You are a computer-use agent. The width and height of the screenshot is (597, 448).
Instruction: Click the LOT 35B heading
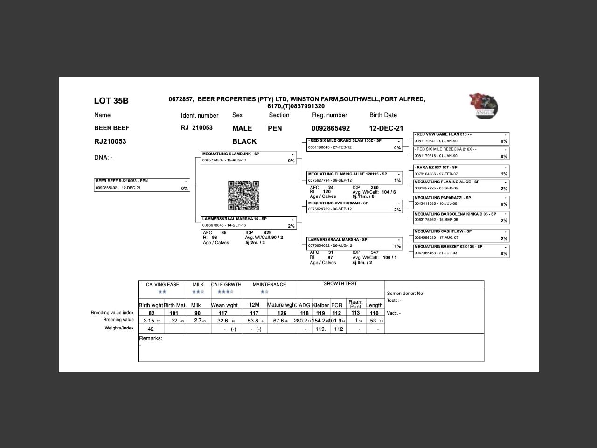[111, 101]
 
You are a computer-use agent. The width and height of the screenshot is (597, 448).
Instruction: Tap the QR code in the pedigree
[243, 196]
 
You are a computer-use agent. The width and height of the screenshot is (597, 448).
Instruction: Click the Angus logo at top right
[484, 105]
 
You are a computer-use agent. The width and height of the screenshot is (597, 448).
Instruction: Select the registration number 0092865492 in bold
[330, 128]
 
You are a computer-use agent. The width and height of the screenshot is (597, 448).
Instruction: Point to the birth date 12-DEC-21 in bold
[386, 128]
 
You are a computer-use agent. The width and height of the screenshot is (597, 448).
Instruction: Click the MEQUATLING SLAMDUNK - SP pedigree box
[249, 157]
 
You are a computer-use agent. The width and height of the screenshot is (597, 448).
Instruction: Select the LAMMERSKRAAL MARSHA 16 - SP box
[249, 222]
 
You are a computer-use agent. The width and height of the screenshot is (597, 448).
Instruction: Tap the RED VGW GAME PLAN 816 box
[461, 138]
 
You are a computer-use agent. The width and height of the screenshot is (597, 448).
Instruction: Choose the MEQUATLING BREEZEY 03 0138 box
[461, 250]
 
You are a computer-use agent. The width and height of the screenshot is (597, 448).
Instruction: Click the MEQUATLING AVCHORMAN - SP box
[354, 206]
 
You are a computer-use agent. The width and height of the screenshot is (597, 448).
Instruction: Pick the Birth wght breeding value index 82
[152, 313]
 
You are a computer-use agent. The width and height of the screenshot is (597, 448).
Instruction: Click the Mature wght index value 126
[282, 313]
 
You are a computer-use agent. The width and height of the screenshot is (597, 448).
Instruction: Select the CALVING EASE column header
[162, 284]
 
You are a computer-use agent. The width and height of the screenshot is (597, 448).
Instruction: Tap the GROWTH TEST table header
[340, 283]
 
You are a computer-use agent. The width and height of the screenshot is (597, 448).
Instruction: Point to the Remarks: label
[151, 338]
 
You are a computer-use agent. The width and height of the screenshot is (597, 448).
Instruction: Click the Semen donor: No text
[404, 294]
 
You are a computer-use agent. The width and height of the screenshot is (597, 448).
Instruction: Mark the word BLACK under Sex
[244, 141]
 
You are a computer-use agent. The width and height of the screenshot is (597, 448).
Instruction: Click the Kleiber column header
[320, 305]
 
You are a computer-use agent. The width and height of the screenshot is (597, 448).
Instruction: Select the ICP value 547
[375, 252]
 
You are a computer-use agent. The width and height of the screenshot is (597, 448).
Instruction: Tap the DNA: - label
[103, 158]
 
